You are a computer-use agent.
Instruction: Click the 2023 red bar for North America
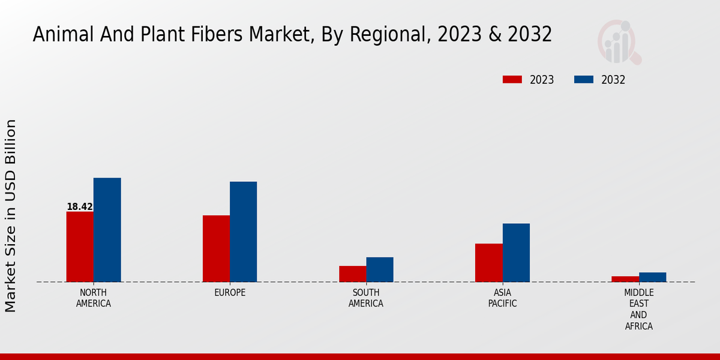[x=80, y=247]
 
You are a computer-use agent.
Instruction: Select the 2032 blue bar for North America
[x=107, y=230]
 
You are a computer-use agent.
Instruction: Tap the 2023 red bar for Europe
[x=216, y=248]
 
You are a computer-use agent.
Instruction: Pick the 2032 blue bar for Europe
[x=243, y=232]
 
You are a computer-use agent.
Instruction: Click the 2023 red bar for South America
[x=352, y=274]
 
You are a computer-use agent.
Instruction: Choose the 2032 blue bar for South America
[x=380, y=269]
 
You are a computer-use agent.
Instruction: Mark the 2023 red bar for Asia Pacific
[x=488, y=262]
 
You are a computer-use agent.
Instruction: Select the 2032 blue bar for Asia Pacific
[x=516, y=253]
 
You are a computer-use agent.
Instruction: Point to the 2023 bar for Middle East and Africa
[x=625, y=279]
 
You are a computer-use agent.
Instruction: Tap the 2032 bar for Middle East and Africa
[x=652, y=277]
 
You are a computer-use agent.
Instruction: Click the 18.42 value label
[x=80, y=207]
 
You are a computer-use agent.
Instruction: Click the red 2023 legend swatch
[x=512, y=80]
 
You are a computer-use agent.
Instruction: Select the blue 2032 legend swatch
[x=584, y=80]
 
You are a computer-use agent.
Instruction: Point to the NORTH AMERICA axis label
[x=94, y=298]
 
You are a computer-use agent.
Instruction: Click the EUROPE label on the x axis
[x=230, y=293]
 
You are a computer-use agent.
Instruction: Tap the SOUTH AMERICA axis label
[x=366, y=298]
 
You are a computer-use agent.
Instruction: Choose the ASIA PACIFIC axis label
[x=502, y=298]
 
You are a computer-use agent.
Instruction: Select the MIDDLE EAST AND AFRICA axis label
[x=638, y=310]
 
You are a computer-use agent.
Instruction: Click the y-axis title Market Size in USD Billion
[x=11, y=215]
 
